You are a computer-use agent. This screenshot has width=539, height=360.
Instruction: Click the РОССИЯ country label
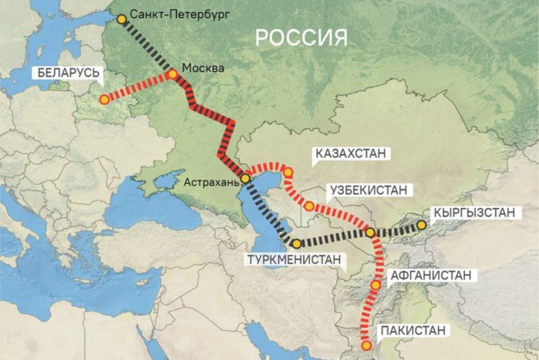[302, 37]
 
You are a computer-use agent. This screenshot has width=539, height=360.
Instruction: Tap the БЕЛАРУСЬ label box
[66, 74]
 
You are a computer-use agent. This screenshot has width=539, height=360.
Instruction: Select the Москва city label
[203, 68]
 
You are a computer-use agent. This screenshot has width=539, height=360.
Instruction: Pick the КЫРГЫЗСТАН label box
[475, 213]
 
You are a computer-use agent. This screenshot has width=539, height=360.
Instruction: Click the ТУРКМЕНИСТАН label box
[298, 260]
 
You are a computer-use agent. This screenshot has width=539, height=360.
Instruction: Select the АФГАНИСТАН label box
[430, 275]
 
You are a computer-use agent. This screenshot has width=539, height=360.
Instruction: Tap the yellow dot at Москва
[173, 74]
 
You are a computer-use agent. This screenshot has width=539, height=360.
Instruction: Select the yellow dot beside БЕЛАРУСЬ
[104, 99]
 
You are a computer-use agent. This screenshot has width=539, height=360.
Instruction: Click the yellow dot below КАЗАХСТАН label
[287, 173]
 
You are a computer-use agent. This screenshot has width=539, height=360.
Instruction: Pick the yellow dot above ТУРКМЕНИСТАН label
[296, 243]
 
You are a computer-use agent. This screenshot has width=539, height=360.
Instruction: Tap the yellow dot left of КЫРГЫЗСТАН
[422, 224]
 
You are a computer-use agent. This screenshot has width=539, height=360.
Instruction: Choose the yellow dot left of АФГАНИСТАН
[375, 285]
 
